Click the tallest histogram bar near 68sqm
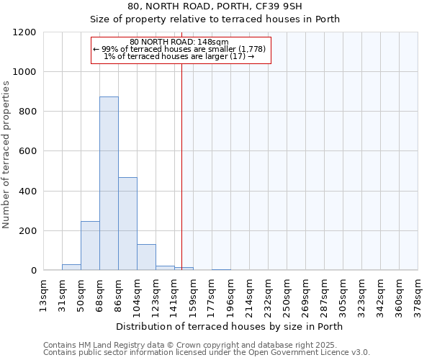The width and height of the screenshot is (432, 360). [109, 184]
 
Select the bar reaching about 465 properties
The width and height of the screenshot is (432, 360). [127, 224]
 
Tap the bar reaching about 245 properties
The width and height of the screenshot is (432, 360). [90, 246]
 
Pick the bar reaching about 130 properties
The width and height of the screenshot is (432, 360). [146, 257]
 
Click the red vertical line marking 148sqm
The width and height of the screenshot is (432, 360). [181, 166]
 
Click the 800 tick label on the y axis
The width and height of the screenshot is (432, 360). [27, 112]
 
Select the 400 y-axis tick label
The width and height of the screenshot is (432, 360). [27, 192]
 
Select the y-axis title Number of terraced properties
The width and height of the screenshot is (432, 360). [6, 155]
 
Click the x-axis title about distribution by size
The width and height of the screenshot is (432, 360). [229, 326]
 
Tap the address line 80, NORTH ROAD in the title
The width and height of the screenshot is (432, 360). [229, 6]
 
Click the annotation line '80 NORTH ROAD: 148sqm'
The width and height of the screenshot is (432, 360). [179, 42]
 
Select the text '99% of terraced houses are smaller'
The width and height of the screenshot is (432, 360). [180, 49]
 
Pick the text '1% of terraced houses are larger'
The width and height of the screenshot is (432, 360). [179, 56]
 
